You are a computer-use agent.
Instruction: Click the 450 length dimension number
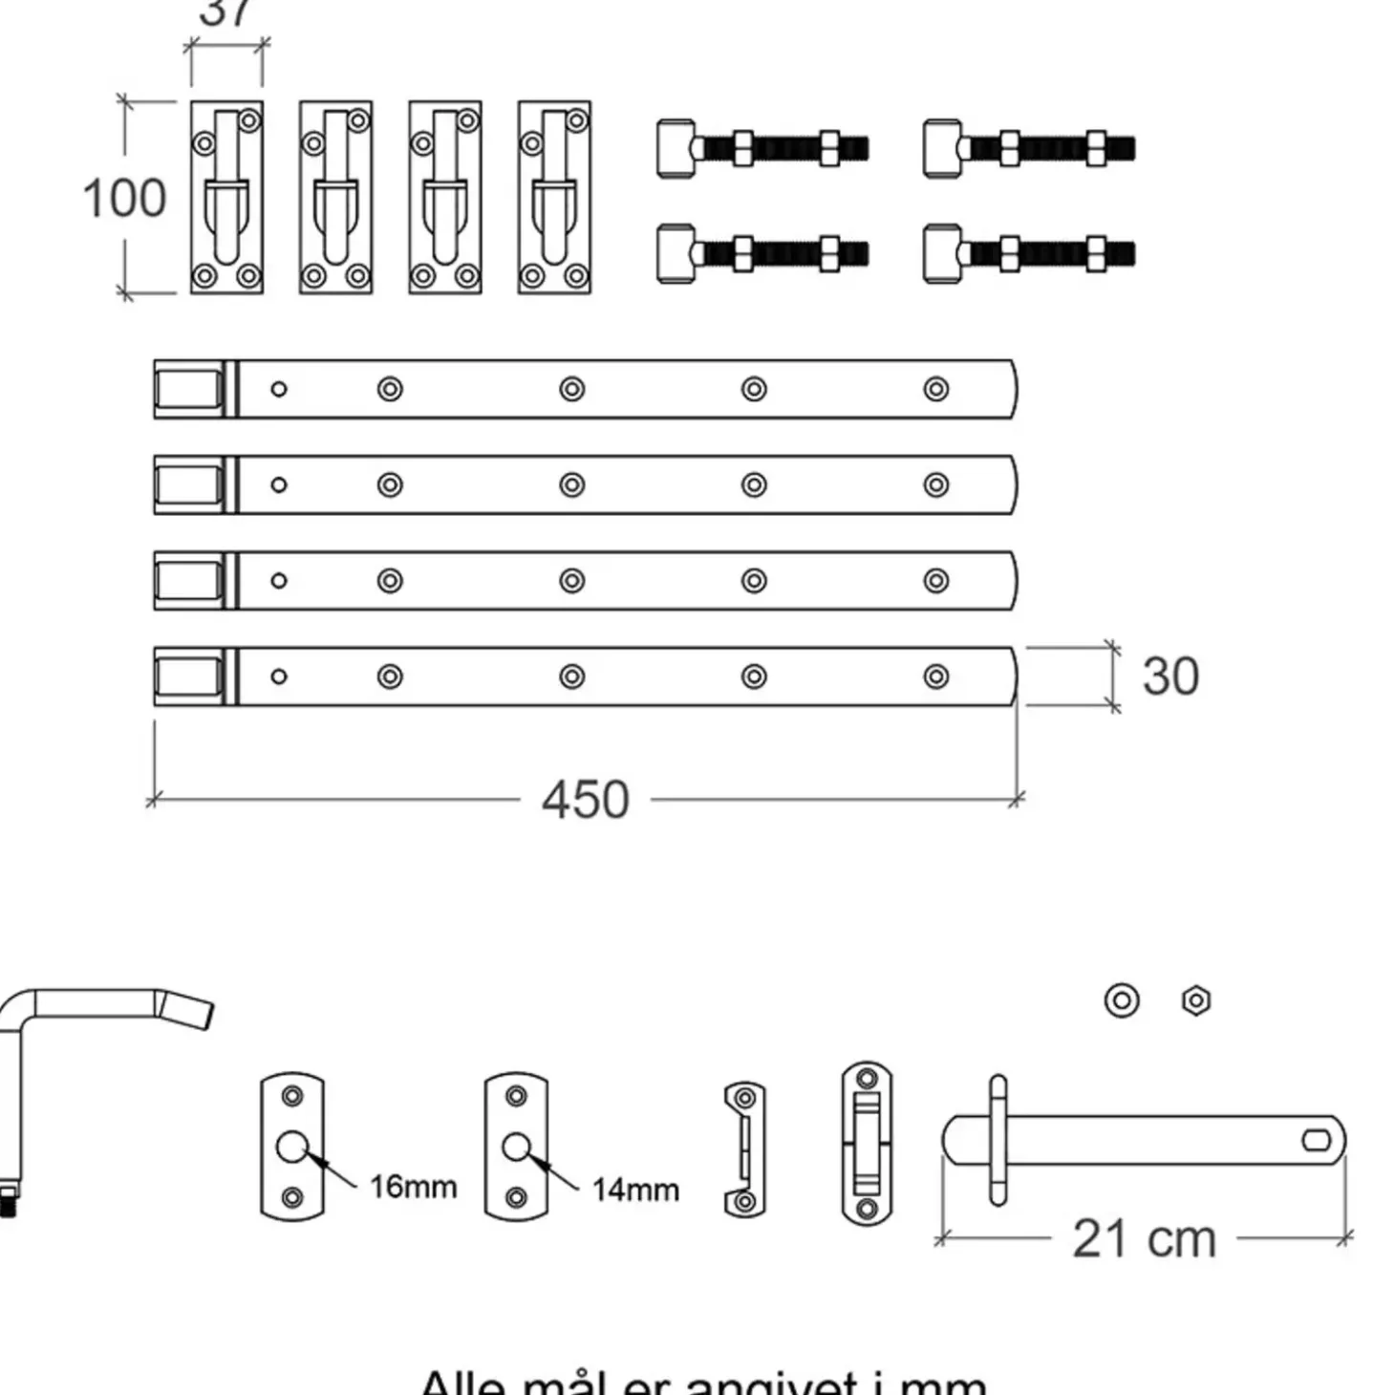(x=585, y=800)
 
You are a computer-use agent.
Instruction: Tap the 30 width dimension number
(x=1170, y=676)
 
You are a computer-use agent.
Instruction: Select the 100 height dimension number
(x=124, y=198)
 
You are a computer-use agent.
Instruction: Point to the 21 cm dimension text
(x=1144, y=1239)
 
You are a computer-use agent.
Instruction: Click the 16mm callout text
(x=413, y=1187)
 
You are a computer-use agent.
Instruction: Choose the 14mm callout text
(x=635, y=1190)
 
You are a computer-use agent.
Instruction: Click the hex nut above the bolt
(x=1196, y=1000)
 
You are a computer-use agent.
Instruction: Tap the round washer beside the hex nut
(x=1122, y=1000)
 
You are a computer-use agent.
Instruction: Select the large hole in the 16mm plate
(x=291, y=1147)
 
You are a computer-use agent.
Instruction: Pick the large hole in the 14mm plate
(x=516, y=1147)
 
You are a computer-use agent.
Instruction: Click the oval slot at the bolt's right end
(x=1317, y=1140)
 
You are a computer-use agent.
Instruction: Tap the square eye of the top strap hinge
(x=188, y=390)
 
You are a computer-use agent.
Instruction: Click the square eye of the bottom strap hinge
(x=188, y=676)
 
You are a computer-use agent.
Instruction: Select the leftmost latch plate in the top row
(x=226, y=197)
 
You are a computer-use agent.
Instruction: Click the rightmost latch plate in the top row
(x=554, y=197)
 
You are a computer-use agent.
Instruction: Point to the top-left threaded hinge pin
(x=762, y=148)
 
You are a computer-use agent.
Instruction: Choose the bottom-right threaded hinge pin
(x=1029, y=254)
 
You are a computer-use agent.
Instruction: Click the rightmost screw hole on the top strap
(x=936, y=389)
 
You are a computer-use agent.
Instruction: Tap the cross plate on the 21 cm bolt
(x=998, y=1140)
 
